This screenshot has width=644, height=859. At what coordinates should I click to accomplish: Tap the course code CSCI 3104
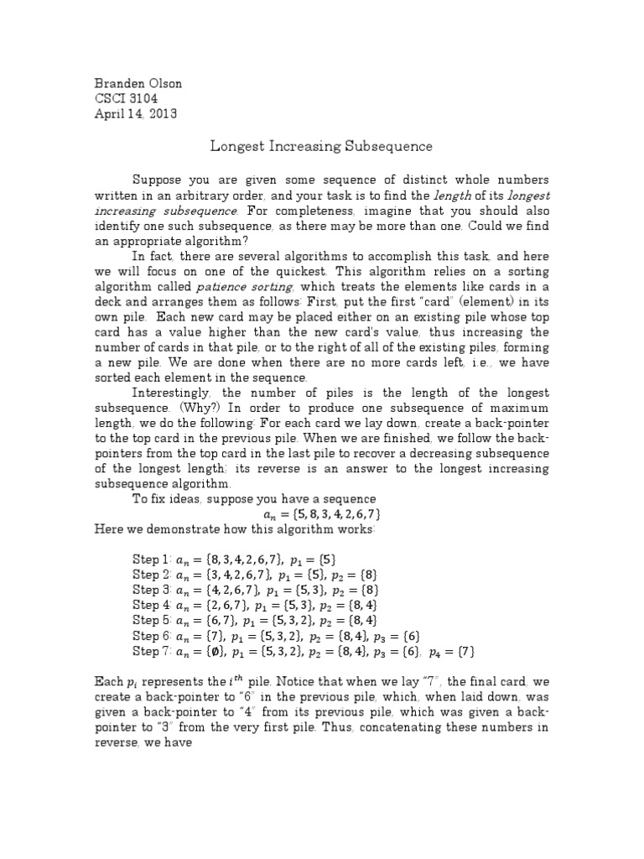tap(125, 98)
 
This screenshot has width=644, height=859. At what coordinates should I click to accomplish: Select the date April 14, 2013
tap(134, 114)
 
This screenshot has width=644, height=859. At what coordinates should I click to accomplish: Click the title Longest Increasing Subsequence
tap(320, 147)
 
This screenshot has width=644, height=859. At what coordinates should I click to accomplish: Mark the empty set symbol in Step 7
tap(213, 651)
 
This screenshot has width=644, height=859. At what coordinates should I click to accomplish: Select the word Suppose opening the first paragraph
tap(155, 180)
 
